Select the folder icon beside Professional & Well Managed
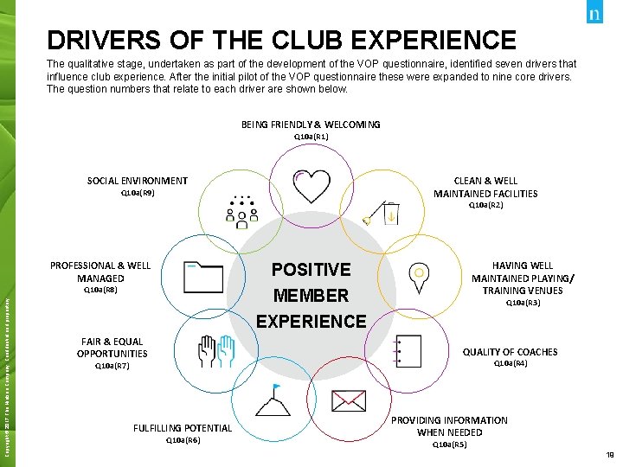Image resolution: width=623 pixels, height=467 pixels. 204,278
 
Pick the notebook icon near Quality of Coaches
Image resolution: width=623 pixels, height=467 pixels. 408,352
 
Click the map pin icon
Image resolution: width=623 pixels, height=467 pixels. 419,276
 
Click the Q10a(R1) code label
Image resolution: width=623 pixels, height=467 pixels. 311,137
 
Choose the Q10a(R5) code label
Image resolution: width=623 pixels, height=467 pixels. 449,445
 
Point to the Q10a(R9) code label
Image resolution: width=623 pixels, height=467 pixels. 138,194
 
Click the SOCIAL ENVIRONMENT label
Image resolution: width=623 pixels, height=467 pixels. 138,181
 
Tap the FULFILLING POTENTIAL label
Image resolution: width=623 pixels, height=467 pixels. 183,428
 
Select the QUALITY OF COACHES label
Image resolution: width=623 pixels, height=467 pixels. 510,352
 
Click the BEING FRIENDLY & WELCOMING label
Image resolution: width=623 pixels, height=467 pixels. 311,125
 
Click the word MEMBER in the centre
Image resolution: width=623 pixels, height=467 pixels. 311,295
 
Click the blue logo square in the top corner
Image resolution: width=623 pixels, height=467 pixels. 594,14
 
